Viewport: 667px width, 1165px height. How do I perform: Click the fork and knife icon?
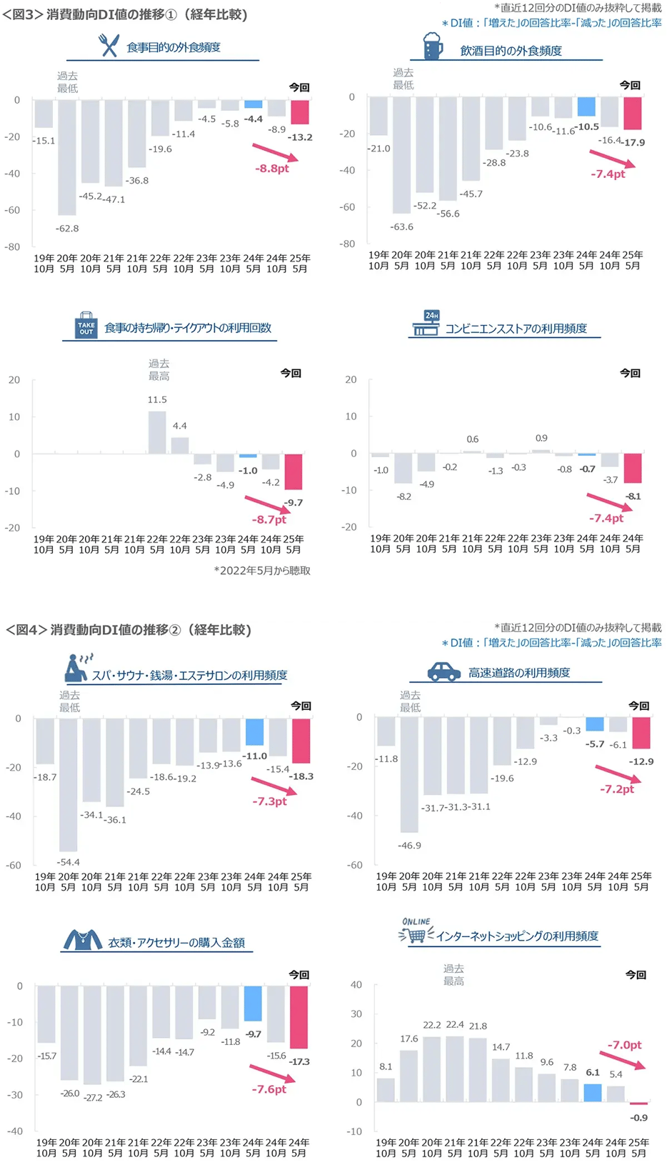[x=109, y=46]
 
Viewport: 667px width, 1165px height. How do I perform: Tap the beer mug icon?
[x=433, y=46]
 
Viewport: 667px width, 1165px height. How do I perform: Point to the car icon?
[x=443, y=671]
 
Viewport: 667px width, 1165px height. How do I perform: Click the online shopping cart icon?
[x=416, y=931]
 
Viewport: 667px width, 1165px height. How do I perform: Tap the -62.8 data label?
[x=67, y=229]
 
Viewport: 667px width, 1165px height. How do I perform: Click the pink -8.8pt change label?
[x=272, y=169]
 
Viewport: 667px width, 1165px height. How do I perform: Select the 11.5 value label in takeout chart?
[x=157, y=400]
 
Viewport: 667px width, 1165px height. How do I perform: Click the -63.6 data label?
[x=401, y=227]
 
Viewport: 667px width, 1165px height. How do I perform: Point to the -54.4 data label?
[x=69, y=862]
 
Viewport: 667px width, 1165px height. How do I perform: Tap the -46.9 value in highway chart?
[x=409, y=846]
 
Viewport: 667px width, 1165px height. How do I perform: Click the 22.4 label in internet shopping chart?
[x=455, y=1024]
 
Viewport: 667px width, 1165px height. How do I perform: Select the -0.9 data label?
[x=638, y=1118]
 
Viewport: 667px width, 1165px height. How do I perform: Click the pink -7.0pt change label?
[x=624, y=1045]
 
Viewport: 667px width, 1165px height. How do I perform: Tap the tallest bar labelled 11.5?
[x=157, y=432]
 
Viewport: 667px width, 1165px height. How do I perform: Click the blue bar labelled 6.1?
[x=592, y=1092]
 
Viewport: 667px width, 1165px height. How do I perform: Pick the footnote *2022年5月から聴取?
[x=262, y=571]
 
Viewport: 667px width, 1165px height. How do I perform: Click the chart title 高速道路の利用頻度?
[x=519, y=673]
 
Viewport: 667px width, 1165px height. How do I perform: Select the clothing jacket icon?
[x=83, y=939]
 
